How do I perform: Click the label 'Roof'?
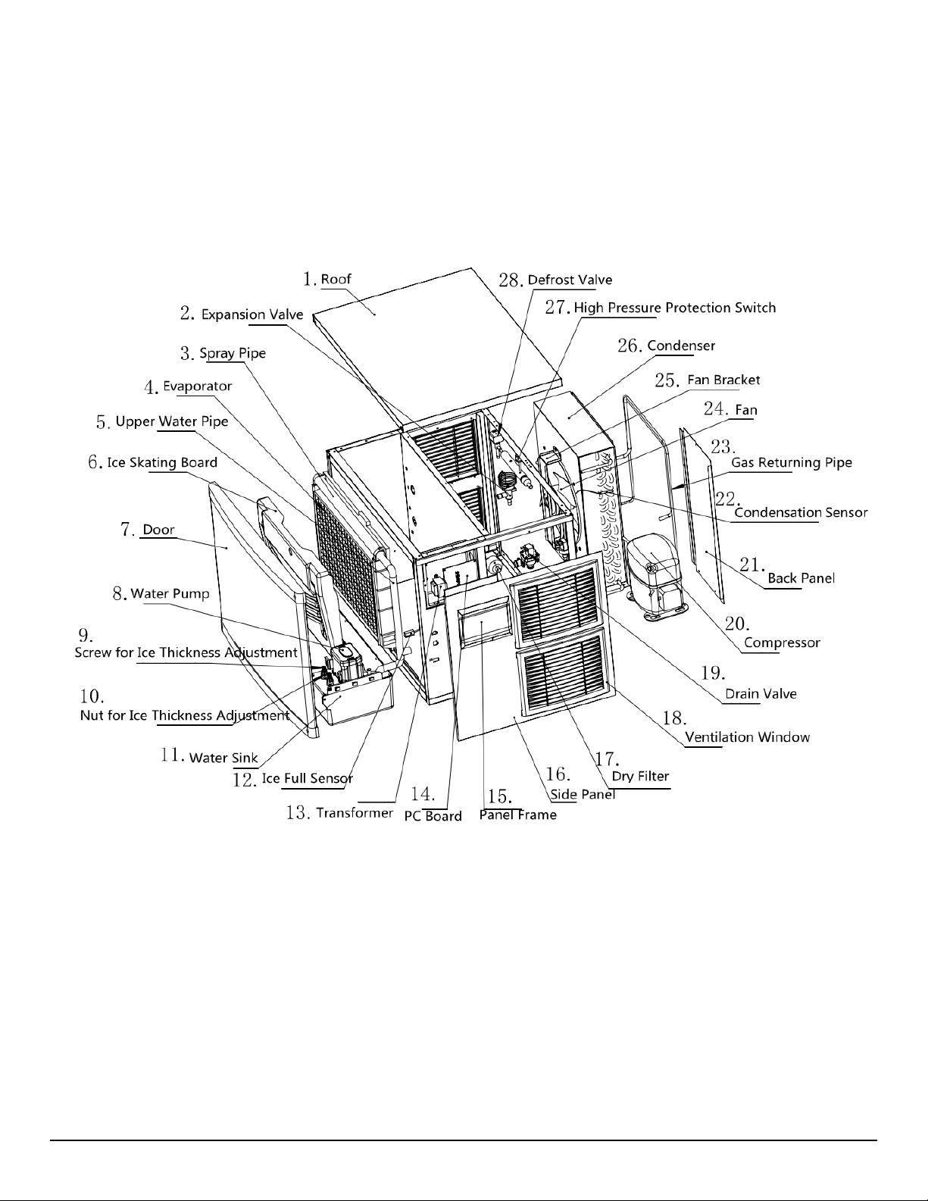tap(336, 279)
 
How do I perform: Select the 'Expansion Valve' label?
tap(252, 314)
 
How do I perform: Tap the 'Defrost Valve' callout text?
tap(570, 280)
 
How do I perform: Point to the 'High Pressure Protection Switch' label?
tap(674, 308)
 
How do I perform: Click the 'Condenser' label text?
tap(680, 346)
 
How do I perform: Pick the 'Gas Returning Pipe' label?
tap(791, 462)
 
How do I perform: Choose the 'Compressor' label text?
tap(782, 643)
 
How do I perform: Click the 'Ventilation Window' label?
tap(747, 737)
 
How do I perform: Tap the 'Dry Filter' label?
tap(640, 777)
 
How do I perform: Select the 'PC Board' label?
tap(433, 816)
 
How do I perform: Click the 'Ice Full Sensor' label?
tap(307, 778)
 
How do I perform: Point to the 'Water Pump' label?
tap(170, 593)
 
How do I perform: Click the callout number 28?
tap(511, 280)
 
